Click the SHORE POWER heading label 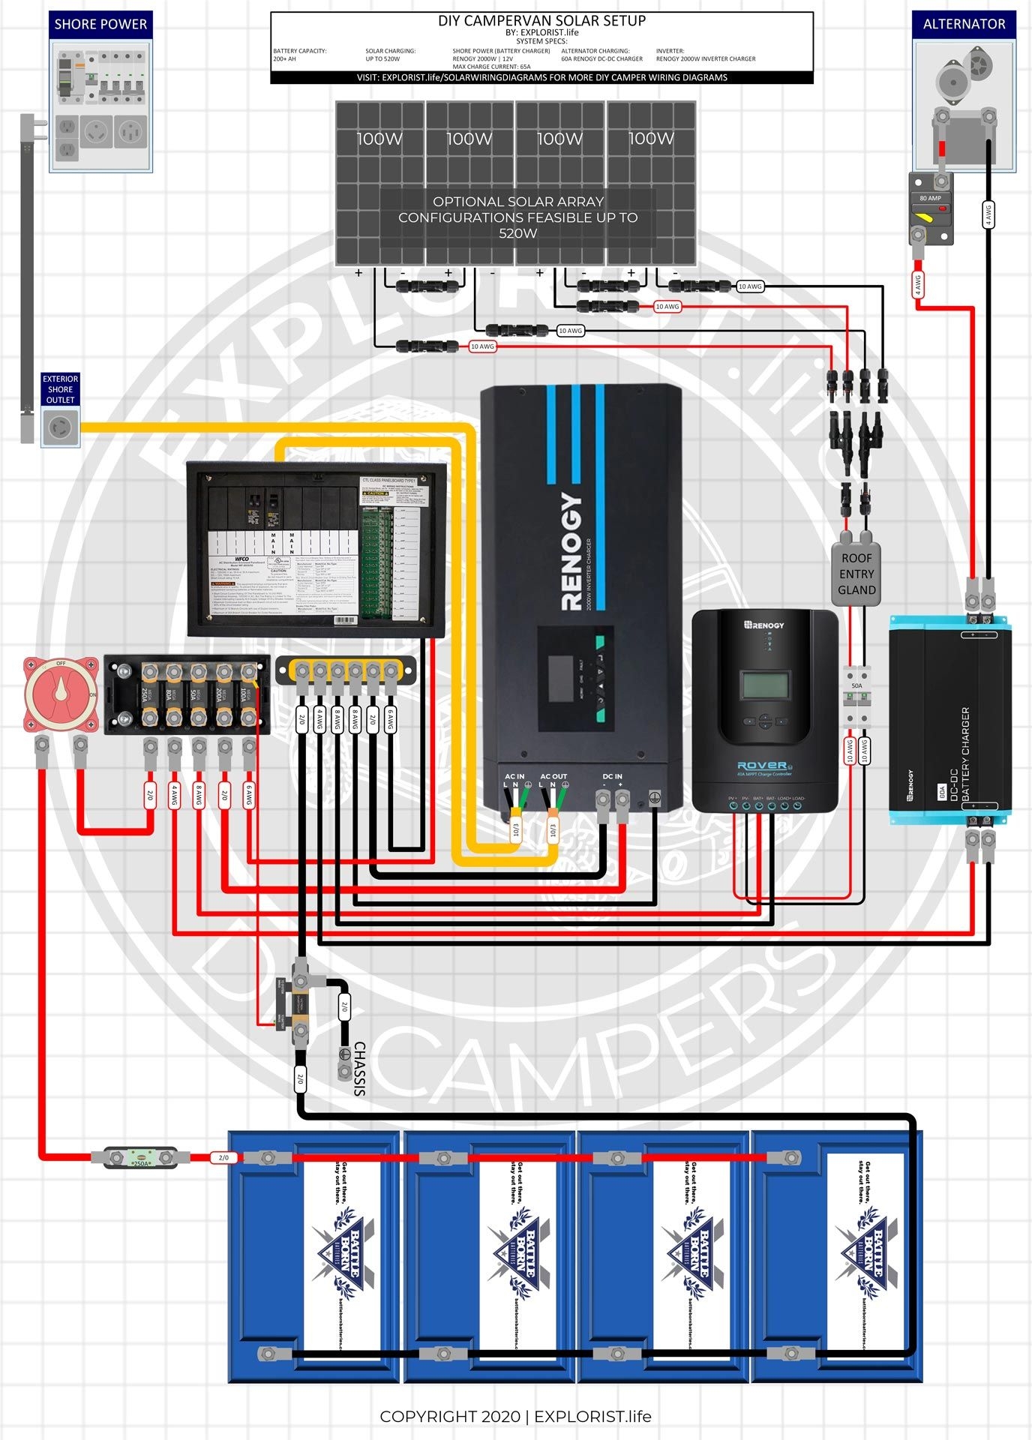(100, 24)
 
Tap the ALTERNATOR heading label (964, 24)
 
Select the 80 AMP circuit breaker (931, 209)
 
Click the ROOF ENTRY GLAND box (856, 574)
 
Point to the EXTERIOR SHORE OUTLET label (60, 389)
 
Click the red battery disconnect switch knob (61, 694)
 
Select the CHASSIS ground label (359, 1069)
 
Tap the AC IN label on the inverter (514, 776)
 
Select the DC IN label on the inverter (612, 776)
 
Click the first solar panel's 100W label (379, 139)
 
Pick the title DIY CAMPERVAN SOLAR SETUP (541, 21)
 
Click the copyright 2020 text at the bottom (515, 1416)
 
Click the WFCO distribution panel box (316, 550)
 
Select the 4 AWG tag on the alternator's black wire (988, 214)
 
